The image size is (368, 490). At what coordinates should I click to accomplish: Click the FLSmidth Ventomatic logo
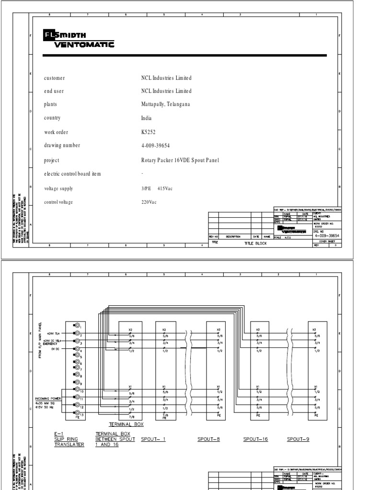79,40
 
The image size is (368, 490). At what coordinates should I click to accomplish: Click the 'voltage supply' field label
59,189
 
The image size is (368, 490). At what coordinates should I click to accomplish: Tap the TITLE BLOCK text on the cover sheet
254,243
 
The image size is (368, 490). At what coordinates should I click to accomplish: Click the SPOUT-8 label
208,439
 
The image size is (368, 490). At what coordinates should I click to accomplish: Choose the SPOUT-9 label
298,439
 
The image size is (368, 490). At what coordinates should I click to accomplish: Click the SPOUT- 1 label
153,439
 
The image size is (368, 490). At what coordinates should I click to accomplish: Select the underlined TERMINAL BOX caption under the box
126,424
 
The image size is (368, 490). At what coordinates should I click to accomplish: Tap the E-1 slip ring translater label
69,439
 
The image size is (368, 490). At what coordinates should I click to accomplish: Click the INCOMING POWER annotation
48,398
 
